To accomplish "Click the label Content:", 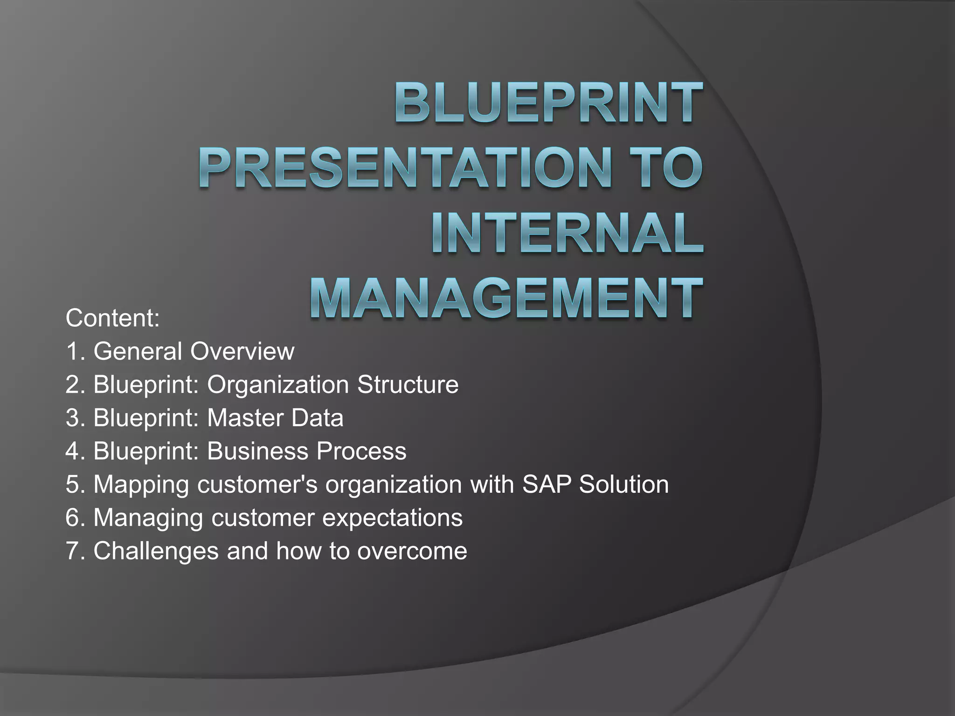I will point(112,318).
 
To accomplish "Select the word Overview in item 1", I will point(242,351).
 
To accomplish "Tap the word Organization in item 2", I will point(278,385).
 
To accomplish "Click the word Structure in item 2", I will point(408,385).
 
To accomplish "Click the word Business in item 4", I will point(257,451).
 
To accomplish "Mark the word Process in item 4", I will point(361,451).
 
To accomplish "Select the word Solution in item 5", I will point(624,484).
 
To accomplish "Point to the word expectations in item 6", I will point(393,518).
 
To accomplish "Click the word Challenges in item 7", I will point(156,551).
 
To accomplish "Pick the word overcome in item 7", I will point(412,551).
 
